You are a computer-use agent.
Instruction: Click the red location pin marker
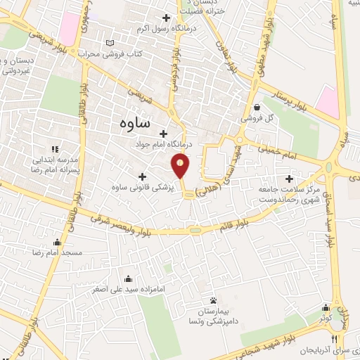(x=181, y=166)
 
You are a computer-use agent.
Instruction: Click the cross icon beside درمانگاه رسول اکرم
(x=167, y=18)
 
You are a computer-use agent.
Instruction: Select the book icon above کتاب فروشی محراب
(x=109, y=43)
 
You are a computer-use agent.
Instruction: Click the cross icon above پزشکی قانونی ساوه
(x=143, y=176)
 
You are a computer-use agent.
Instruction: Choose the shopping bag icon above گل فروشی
(x=257, y=108)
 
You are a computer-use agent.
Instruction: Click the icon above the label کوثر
(x=326, y=307)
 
